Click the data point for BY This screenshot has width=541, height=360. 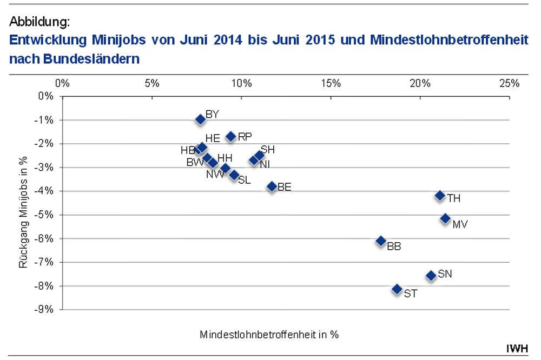click(x=200, y=119)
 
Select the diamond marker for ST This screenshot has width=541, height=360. click(x=397, y=290)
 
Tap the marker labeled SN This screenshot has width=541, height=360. click(x=431, y=276)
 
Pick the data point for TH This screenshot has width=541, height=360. click(x=440, y=196)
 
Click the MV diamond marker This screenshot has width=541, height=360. click(x=445, y=219)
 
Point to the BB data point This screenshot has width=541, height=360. click(x=381, y=241)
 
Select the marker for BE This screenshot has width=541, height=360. click(x=272, y=186)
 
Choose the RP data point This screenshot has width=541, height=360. click(x=231, y=137)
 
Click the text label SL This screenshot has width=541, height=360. click(x=245, y=181)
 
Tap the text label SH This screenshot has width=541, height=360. click(x=268, y=150)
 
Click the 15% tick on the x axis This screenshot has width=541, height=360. click(x=331, y=84)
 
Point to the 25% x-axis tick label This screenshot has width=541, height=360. click(x=509, y=84)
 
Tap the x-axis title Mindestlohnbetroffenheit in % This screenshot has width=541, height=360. click(x=269, y=334)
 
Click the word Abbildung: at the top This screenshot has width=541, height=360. click(x=39, y=22)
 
